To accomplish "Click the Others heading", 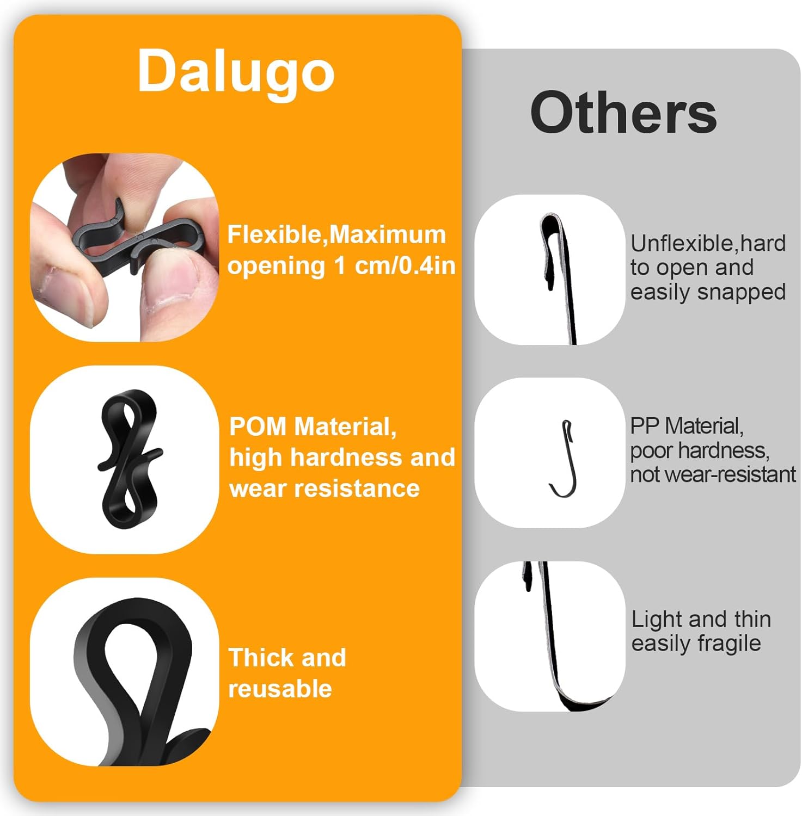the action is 623,113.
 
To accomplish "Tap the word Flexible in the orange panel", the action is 276,234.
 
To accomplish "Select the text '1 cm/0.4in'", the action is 394,266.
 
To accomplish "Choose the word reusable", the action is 280,689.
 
